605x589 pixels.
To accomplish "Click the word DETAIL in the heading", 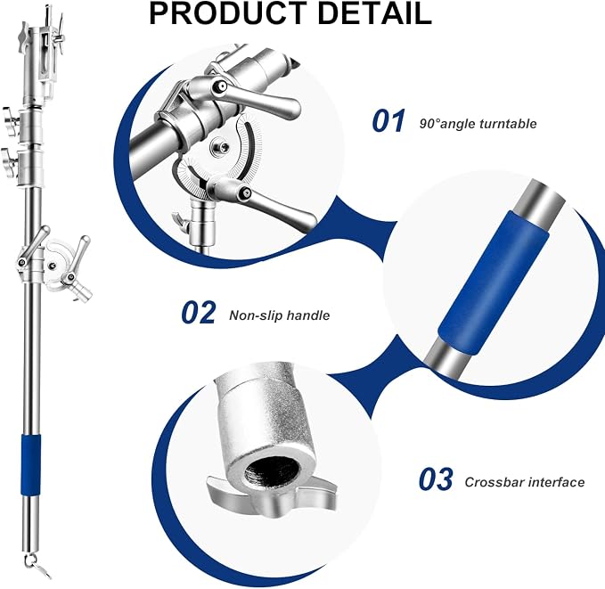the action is click(x=374, y=13).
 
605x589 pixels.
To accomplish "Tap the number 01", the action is click(x=388, y=121).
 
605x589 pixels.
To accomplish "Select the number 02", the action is click(x=199, y=312).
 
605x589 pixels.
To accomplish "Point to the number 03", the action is click(x=436, y=479).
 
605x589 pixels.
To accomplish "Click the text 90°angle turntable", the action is click(x=478, y=124).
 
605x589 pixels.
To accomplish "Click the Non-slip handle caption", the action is click(x=280, y=315).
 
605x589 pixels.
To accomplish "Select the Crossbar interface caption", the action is click(x=524, y=482).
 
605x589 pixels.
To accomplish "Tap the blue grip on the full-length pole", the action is click(x=30, y=464).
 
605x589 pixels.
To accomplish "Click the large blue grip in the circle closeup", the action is click(x=494, y=282).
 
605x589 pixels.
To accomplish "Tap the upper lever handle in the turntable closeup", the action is click(x=247, y=95).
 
